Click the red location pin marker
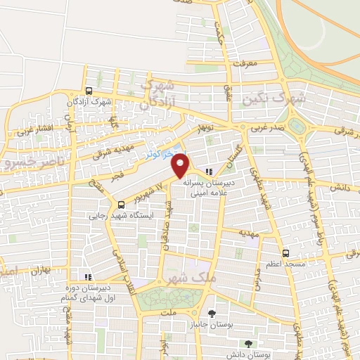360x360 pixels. click(181, 165)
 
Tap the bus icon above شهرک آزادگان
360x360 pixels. click(89, 91)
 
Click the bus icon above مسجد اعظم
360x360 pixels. click(285, 253)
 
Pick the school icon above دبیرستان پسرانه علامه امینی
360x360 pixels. click(209, 172)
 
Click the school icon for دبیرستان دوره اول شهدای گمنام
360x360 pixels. click(87, 277)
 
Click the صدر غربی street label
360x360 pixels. click(266, 129)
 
